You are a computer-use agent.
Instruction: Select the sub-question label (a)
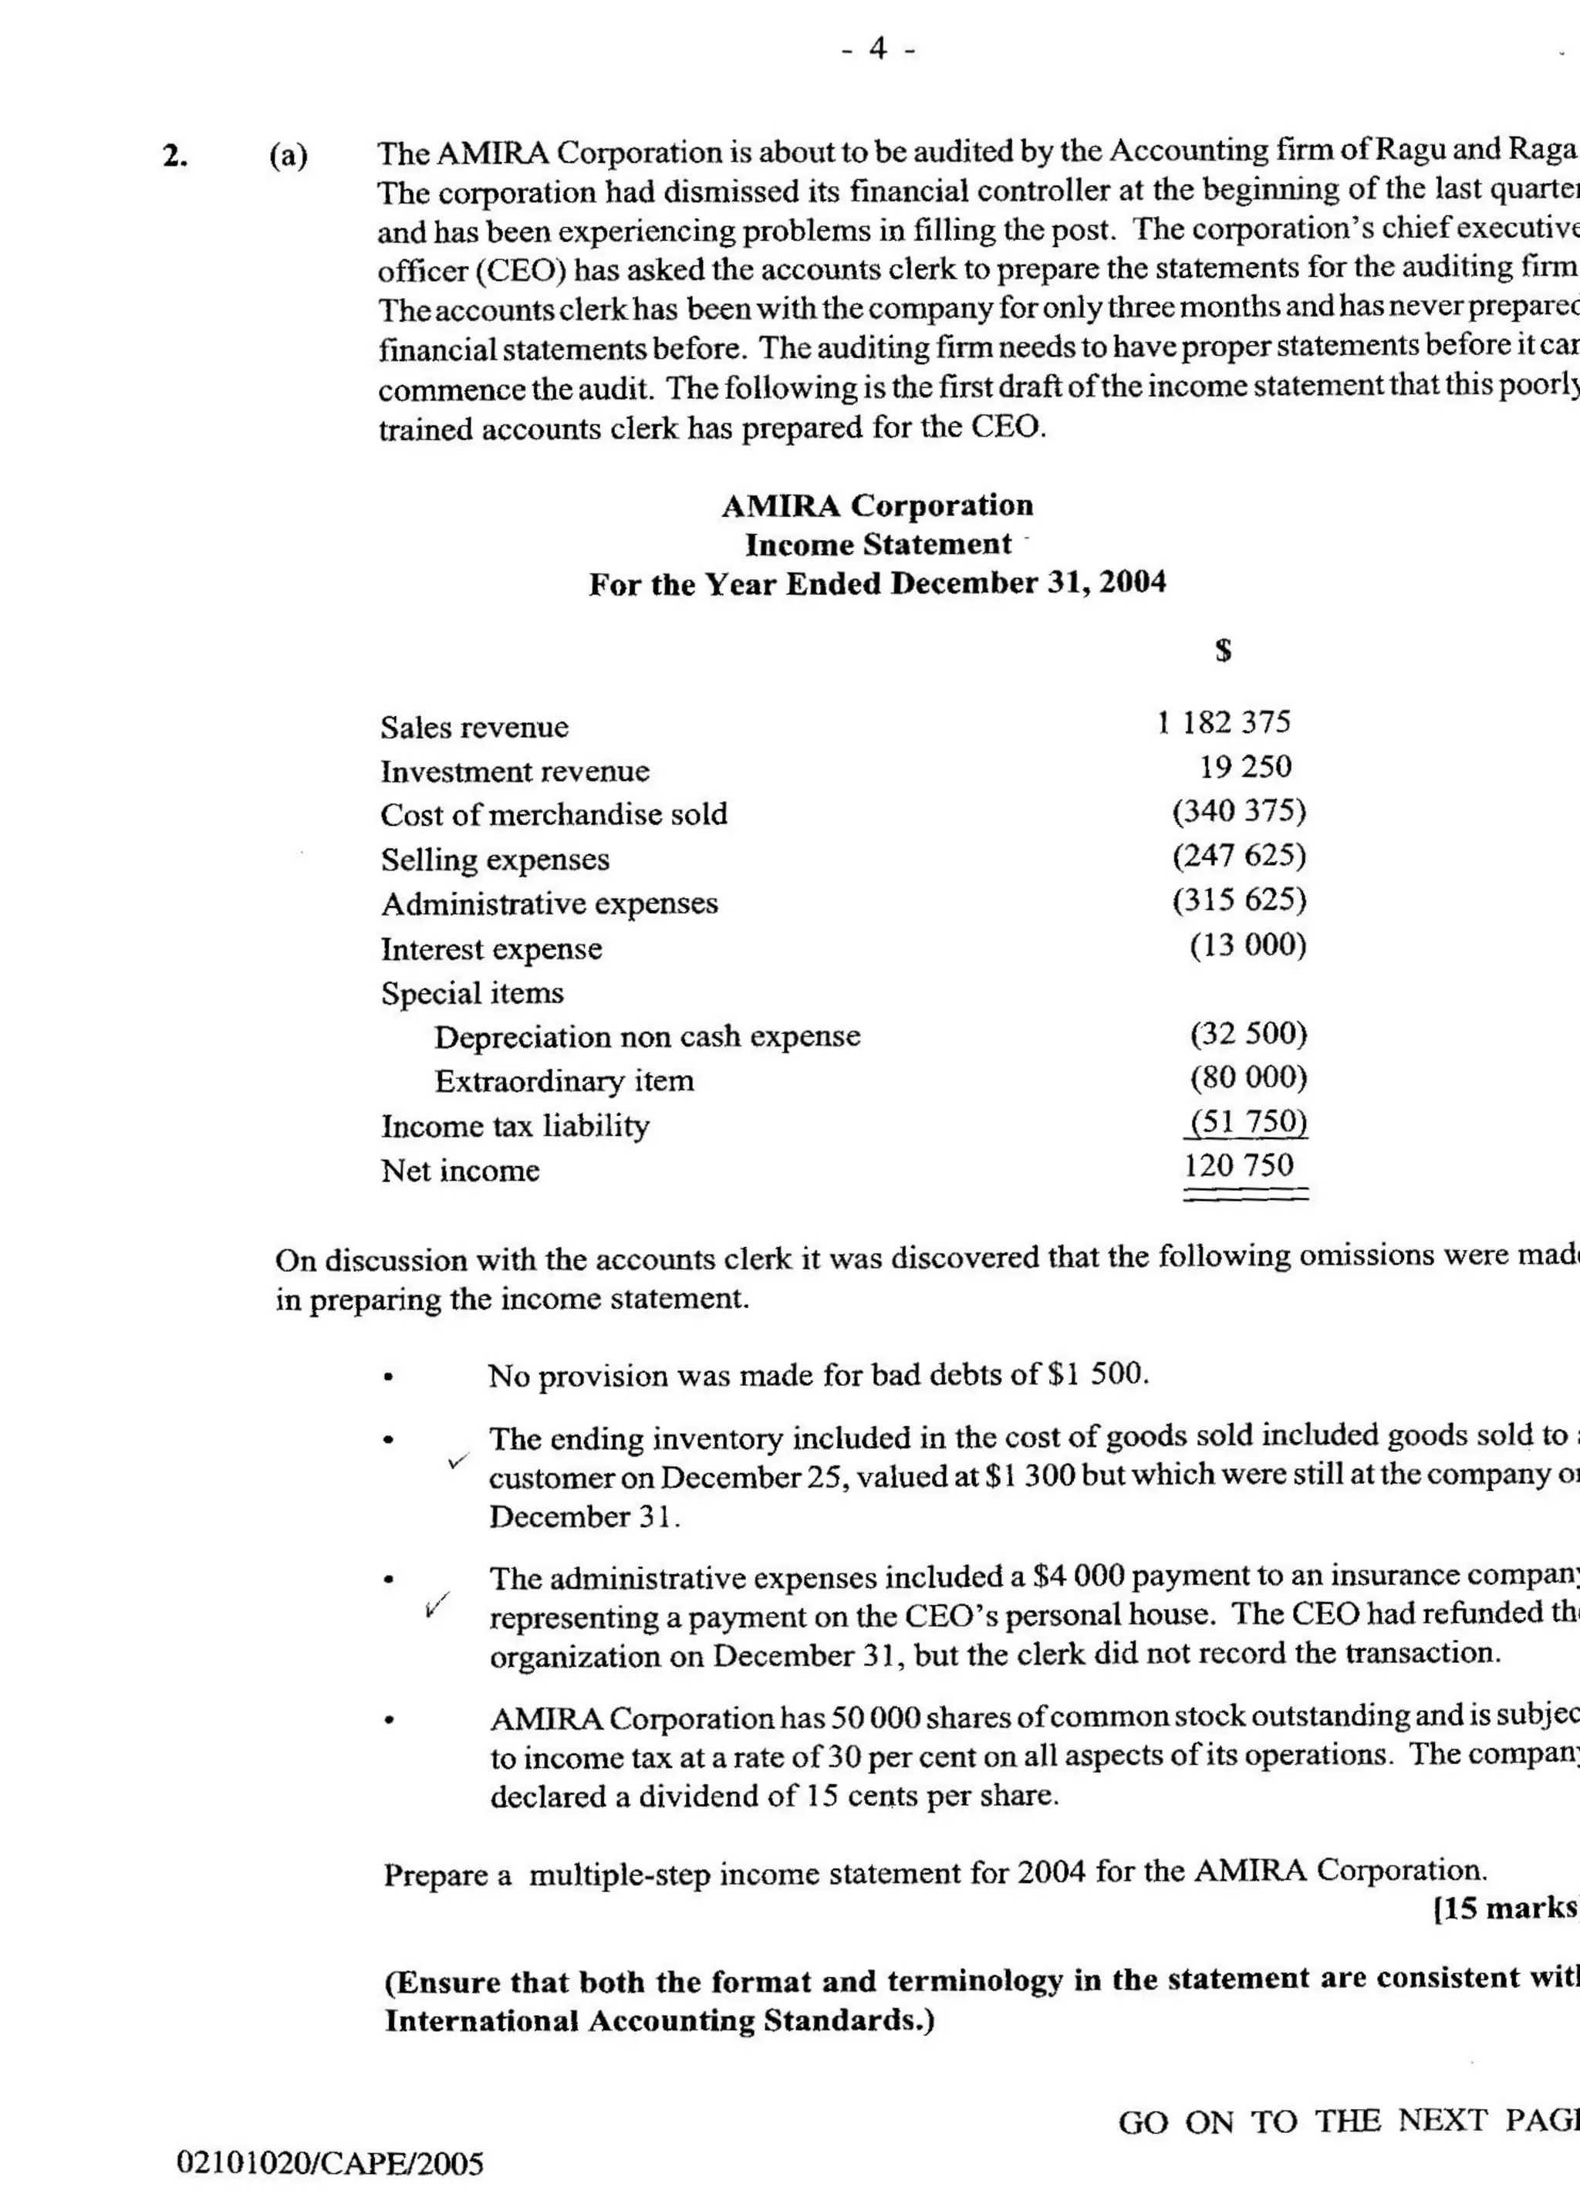tap(289, 155)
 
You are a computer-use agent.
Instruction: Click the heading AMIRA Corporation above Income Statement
tap(876, 505)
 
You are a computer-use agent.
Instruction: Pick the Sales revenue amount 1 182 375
tap(1224, 722)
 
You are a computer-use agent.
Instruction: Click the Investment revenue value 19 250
tap(1244, 767)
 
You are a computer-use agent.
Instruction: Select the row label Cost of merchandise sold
tap(553, 814)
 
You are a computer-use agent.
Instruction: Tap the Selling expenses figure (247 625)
tap(1239, 855)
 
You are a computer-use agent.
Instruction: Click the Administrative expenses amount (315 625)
tap(1239, 900)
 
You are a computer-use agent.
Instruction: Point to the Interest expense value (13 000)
tap(1247, 945)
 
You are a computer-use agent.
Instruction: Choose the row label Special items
tap(471, 993)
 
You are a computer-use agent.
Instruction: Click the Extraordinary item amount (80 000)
tap(1248, 1077)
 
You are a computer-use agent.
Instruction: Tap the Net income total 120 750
tap(1239, 1165)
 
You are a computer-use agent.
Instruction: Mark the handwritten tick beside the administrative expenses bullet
tap(437, 1605)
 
